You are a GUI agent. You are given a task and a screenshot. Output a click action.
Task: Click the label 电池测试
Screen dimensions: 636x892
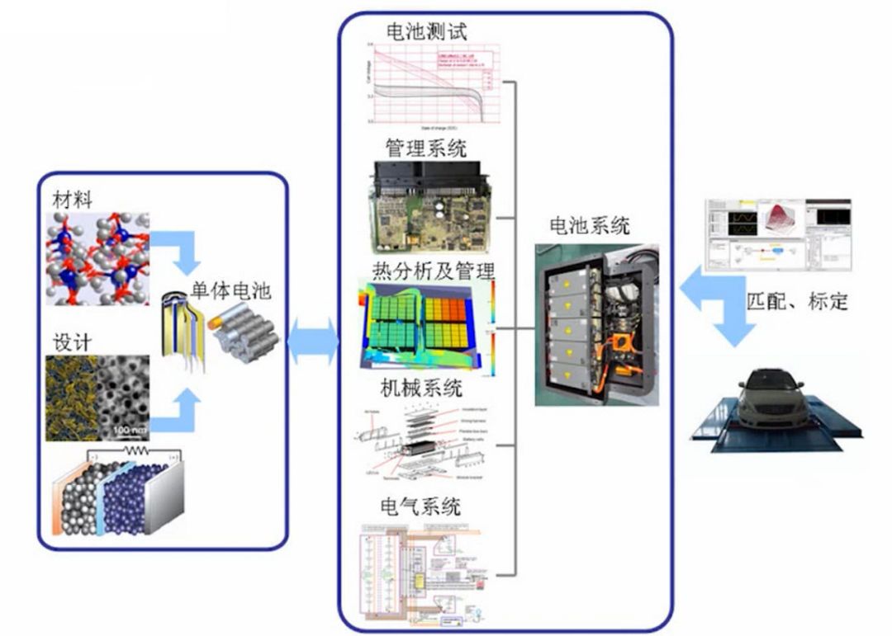point(426,32)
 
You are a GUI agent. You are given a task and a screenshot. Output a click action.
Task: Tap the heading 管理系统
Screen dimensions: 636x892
point(425,148)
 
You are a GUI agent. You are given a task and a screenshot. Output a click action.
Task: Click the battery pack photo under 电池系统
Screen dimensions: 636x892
point(596,324)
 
